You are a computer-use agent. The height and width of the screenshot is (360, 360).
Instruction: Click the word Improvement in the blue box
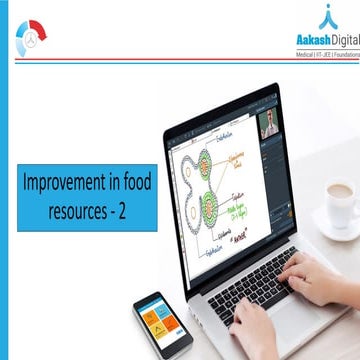pos(61,183)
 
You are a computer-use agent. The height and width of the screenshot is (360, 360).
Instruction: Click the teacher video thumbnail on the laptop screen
pos(268,125)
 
